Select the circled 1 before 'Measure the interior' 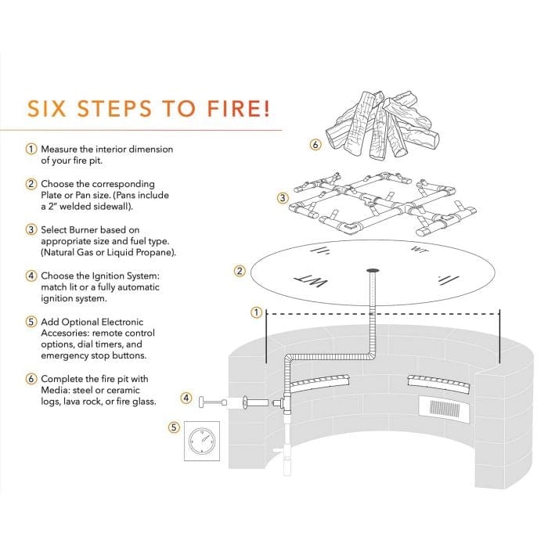[31, 149]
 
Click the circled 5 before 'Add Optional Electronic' [31, 321]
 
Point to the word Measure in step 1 [59, 149]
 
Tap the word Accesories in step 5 [67, 333]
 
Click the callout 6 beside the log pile [315, 145]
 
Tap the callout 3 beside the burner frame [282, 198]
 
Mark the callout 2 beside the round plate [240, 272]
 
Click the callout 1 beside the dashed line [255, 312]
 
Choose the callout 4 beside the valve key [186, 398]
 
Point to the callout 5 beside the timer [174, 427]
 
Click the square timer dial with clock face [200, 444]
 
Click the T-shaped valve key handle [206, 402]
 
